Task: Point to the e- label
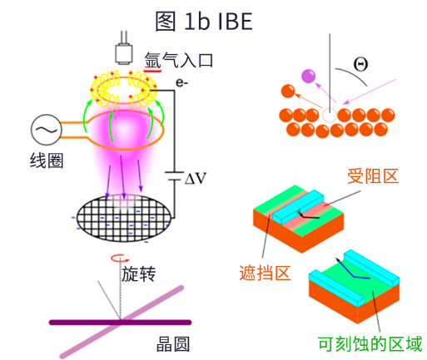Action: point(182,83)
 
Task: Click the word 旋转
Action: point(138,274)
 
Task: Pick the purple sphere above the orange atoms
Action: point(310,77)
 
